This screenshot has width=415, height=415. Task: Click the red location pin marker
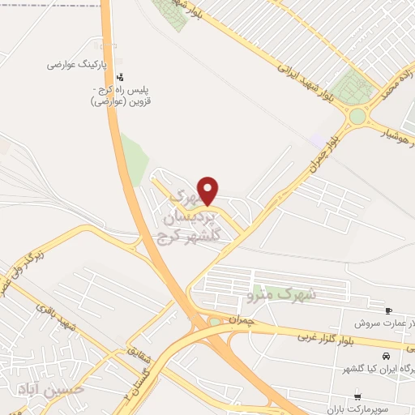point(208,190)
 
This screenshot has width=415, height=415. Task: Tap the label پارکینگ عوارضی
point(80,63)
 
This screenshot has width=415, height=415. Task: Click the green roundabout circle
point(357,116)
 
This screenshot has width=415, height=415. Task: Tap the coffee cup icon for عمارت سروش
point(388,310)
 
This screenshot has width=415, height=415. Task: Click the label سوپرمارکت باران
point(356,411)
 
